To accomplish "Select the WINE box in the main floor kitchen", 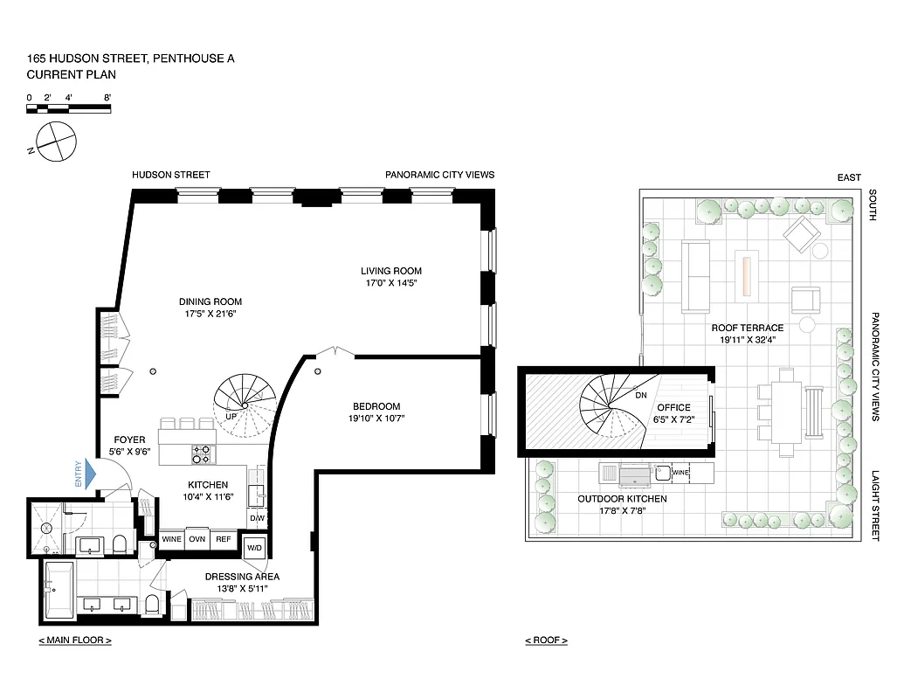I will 172,539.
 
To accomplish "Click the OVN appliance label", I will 197,539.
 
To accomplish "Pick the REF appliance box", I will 224,539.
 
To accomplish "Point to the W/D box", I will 255,549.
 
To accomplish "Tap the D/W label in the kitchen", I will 257,518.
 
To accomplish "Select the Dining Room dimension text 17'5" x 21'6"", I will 210,313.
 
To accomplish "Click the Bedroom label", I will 376,406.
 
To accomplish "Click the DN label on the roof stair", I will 640,395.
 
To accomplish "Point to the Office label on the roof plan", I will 673,407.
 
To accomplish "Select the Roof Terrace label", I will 747,328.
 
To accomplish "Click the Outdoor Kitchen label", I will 622,499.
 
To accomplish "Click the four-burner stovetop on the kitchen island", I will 201,453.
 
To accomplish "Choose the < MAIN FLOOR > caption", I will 75,640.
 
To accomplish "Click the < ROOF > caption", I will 546,640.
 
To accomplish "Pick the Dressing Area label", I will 241,577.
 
